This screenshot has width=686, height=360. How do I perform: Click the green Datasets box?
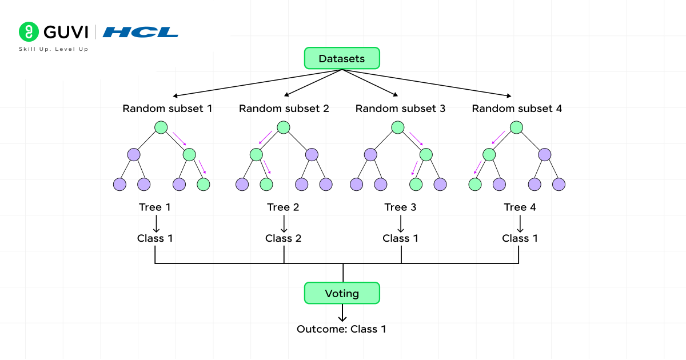342,58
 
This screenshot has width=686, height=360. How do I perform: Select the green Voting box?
342,293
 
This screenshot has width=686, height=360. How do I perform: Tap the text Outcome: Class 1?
341,329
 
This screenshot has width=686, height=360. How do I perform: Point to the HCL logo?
141,32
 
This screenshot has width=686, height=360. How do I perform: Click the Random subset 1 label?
167,108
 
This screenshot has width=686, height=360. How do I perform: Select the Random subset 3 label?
400,108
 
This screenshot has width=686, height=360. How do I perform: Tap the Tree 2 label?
283,207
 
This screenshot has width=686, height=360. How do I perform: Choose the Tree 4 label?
520,207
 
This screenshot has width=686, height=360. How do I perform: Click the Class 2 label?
283,238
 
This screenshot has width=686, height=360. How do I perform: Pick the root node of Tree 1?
161,127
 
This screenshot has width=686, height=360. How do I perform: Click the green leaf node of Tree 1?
203,185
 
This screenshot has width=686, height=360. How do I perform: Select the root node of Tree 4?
516,127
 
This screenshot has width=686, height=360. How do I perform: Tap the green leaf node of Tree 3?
416,185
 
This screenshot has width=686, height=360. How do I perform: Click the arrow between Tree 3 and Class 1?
400,223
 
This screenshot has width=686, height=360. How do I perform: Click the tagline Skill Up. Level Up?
54,49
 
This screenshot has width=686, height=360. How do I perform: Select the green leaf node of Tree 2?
266,185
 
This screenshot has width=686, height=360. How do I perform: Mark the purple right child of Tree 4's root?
544,154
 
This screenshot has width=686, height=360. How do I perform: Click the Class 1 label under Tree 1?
155,238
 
